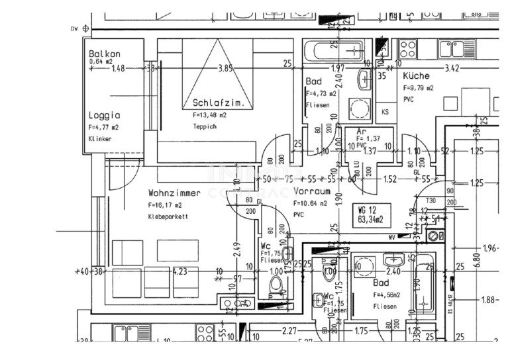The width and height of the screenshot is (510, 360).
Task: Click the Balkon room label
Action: pos(105,53)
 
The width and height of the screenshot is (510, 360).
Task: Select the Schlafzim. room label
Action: pos(214,103)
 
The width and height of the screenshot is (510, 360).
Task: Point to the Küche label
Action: pos(416,76)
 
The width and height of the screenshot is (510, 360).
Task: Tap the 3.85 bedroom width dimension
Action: pos(226,67)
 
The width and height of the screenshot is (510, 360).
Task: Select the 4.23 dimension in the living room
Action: pos(179,271)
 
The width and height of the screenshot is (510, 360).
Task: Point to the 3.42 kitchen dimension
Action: pos(452,67)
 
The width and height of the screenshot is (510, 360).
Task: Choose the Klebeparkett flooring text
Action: pos(168,216)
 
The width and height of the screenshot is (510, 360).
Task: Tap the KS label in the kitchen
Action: pos(385,112)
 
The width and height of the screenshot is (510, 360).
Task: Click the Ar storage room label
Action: pos(362,132)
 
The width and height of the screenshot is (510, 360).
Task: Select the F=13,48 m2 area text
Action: pos(209,114)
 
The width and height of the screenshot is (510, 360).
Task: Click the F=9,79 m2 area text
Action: pos(419,87)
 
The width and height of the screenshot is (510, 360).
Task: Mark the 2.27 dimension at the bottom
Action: pos(288,331)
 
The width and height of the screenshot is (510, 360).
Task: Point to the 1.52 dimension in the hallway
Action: pos(390,179)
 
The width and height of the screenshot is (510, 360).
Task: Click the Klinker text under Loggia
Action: pos(101,139)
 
